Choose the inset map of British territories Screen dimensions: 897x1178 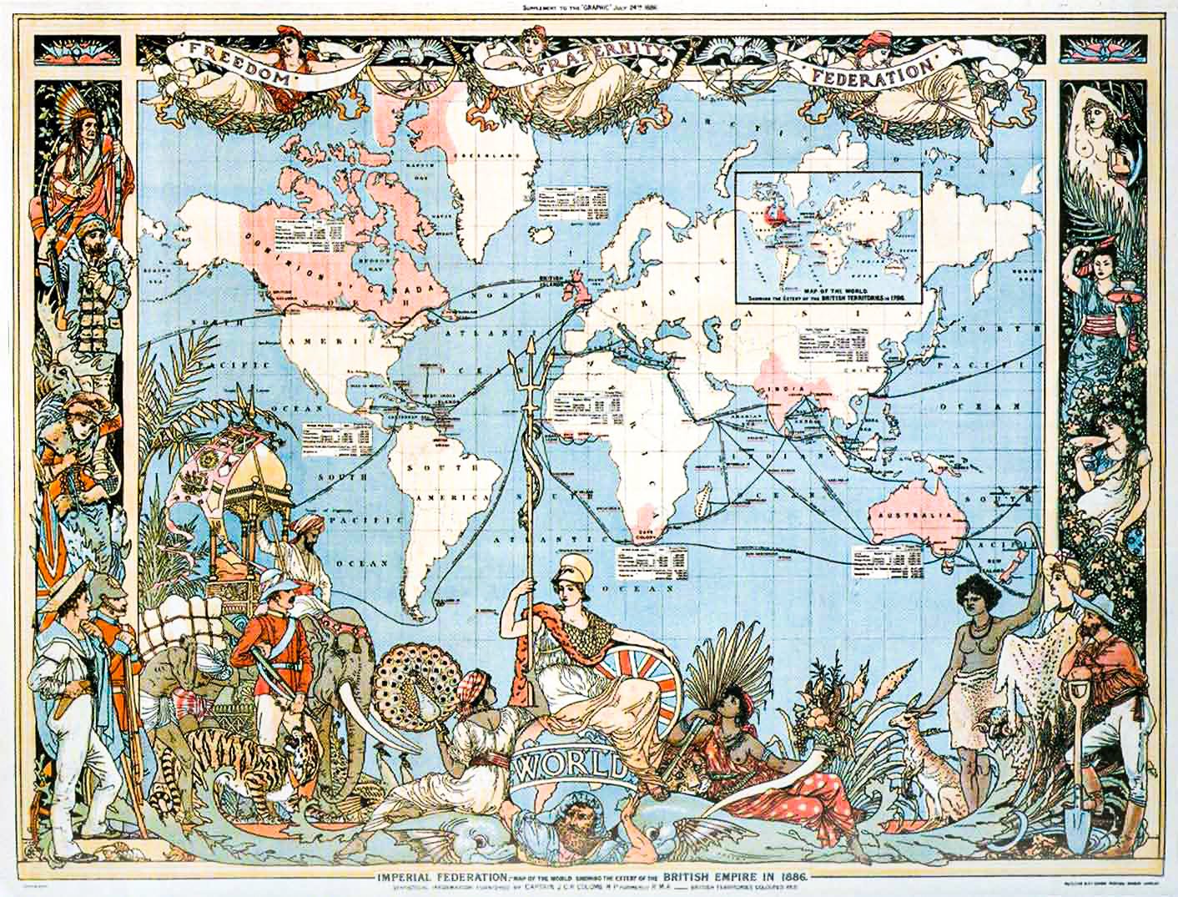828,236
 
